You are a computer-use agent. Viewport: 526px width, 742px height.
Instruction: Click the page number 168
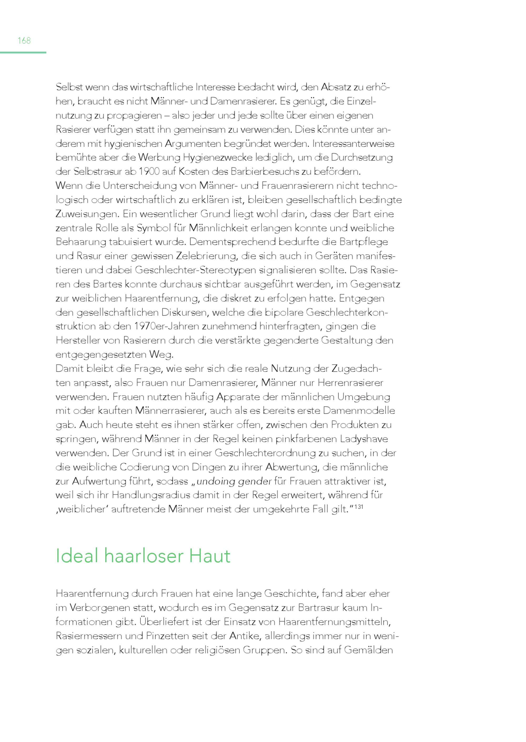[24, 40]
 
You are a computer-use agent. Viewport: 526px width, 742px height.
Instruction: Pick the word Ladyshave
[364, 439]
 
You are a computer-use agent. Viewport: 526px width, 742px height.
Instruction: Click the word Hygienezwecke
[218, 158]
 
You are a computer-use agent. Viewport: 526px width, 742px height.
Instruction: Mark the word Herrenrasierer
[351, 383]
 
